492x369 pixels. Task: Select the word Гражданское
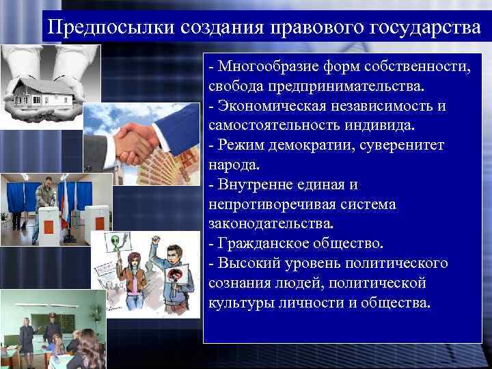(263, 243)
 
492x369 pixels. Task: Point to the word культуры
(238, 302)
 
